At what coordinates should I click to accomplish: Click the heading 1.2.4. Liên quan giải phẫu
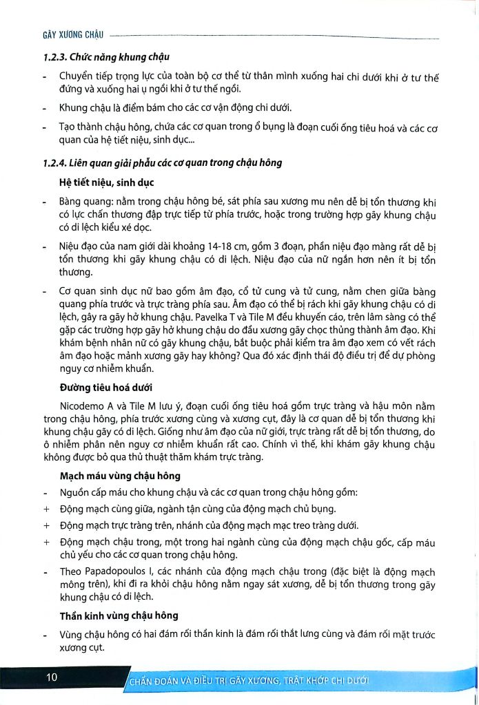point(162,163)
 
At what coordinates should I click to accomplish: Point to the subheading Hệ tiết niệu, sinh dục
point(107,182)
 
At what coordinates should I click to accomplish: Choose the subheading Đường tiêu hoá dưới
point(106,386)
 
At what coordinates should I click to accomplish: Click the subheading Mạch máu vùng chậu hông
point(120,476)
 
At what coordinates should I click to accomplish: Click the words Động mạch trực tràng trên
point(115,525)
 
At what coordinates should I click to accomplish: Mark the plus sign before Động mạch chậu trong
point(46,542)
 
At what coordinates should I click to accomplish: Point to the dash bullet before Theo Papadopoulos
point(45,571)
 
